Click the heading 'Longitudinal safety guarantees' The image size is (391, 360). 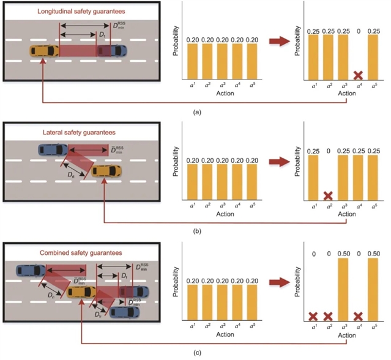53,11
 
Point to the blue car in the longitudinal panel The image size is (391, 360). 114,52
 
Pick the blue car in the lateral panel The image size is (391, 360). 53,149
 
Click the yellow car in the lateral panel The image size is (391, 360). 104,171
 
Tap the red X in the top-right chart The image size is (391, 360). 359,76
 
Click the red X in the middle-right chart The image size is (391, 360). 328,196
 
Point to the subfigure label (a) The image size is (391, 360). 196,112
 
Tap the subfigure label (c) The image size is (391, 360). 196,353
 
